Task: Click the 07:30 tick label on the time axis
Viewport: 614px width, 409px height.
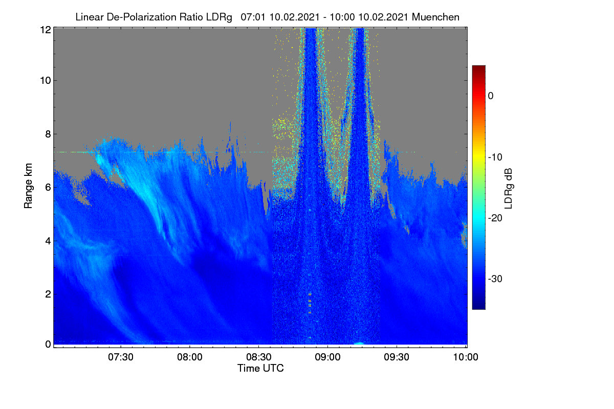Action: pos(121,357)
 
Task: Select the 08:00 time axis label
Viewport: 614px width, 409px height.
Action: pos(190,357)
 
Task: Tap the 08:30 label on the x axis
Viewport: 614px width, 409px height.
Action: pos(259,357)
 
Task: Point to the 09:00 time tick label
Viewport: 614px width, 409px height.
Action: pos(327,357)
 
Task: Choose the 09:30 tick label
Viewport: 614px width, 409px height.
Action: pos(397,357)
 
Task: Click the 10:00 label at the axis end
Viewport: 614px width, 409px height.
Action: pos(466,357)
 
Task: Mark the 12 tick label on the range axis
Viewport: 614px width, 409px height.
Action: pos(46,30)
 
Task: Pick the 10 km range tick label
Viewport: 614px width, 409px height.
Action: pos(46,81)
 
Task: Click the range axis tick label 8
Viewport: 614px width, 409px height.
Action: pos(48,134)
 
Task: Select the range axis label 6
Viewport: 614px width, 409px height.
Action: pos(48,188)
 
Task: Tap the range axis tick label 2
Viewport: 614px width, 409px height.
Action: pos(48,294)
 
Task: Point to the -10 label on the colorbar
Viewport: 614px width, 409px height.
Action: pos(495,157)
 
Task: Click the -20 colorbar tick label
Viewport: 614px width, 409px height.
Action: pos(495,218)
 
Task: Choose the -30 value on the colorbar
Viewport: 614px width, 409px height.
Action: pos(495,279)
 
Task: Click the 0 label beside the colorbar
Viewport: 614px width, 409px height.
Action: pos(491,96)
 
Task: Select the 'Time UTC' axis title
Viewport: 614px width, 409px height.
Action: pos(260,368)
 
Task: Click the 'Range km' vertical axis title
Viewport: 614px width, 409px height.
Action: pos(28,186)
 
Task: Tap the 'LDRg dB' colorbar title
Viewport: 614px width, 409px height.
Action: pos(508,189)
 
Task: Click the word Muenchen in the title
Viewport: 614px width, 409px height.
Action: pos(435,17)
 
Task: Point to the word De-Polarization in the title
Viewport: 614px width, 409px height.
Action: pos(141,17)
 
